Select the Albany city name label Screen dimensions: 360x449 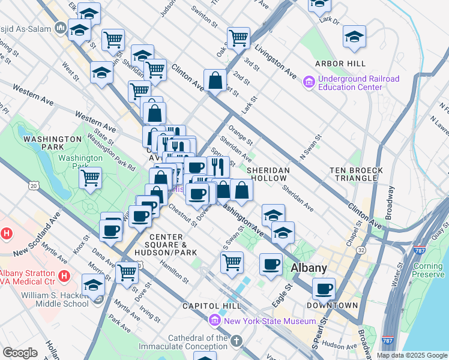(x=309, y=268)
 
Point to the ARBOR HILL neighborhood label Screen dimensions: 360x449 (x=341, y=64)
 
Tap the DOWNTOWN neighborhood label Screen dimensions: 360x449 (x=333, y=305)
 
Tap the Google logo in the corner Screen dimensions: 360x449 (x=20, y=353)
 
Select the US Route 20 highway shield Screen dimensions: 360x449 (x=34, y=187)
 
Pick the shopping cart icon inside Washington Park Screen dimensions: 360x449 (x=90, y=178)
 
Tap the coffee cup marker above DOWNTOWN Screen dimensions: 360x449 (x=324, y=289)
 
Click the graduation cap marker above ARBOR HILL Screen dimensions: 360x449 (x=355, y=37)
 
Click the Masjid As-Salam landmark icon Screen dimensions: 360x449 (x=60, y=28)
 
